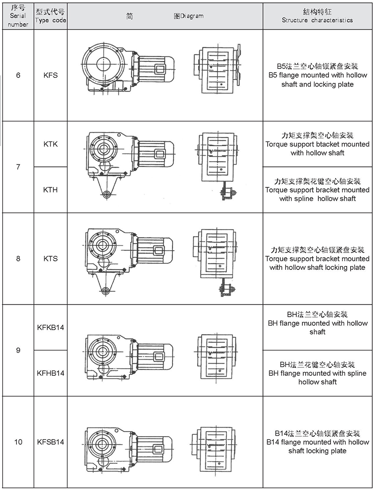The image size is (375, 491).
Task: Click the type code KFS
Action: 50,75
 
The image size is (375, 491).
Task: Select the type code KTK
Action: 50,144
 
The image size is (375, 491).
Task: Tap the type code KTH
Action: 50,190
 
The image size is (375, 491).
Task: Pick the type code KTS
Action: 50,259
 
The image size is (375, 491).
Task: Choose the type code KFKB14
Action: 50,327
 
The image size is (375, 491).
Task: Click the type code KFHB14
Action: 50,373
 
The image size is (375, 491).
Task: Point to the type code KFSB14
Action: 50,442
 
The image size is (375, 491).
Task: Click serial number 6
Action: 18,75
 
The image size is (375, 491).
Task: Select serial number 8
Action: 18,259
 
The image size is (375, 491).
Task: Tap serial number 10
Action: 18,442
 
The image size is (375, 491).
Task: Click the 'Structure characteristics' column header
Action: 317,16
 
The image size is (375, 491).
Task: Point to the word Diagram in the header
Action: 192,16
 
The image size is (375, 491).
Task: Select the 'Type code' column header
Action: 50,16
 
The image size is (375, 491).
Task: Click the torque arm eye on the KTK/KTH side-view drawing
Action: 107,193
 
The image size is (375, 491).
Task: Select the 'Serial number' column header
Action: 18,16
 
